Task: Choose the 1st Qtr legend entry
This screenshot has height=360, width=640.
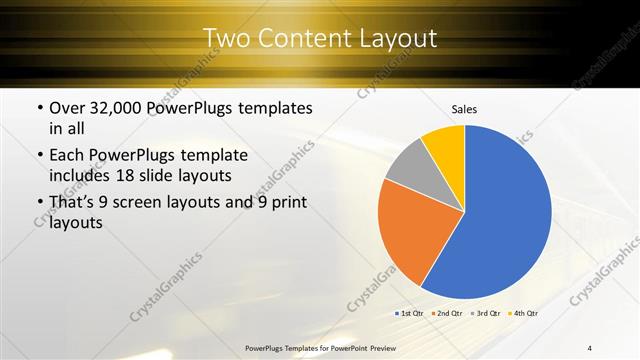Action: pyautogui.click(x=410, y=313)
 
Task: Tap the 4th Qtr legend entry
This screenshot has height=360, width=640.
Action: pyautogui.click(x=522, y=313)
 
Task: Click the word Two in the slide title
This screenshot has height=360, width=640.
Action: pyautogui.click(x=224, y=38)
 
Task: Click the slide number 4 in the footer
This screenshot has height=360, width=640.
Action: pyautogui.click(x=589, y=347)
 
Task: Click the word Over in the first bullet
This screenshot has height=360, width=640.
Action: pyautogui.click(x=68, y=107)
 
